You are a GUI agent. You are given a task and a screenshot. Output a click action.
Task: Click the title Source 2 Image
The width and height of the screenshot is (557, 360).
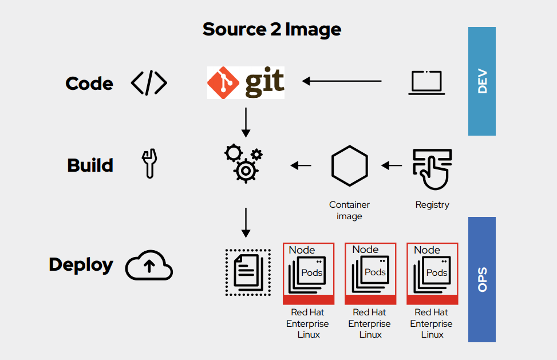click(x=272, y=29)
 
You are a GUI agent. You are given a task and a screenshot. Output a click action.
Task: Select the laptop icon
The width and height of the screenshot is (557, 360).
click(x=426, y=82)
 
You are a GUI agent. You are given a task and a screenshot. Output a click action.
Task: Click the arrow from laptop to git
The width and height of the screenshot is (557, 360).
click(x=342, y=81)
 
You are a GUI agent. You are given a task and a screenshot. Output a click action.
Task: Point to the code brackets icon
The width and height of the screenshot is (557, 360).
click(x=149, y=84)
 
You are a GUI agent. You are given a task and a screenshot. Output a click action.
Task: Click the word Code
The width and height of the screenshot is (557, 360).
click(x=89, y=84)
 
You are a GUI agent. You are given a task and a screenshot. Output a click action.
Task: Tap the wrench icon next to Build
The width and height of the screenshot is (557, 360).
click(x=149, y=164)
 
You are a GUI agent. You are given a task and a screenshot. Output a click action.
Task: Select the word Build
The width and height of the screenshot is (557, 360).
click(x=90, y=165)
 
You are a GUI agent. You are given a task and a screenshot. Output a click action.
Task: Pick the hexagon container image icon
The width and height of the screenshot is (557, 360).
click(x=349, y=166)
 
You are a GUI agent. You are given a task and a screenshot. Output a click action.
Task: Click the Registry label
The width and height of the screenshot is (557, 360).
click(x=432, y=205)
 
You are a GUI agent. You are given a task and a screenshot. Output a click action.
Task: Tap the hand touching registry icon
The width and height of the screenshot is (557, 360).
click(x=432, y=168)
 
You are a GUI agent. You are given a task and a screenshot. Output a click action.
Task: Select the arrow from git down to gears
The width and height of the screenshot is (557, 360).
click(x=246, y=121)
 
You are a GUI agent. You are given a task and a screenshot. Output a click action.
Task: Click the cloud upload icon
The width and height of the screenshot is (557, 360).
click(x=149, y=266)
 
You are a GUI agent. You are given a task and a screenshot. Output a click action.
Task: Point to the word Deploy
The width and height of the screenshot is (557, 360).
click(x=81, y=265)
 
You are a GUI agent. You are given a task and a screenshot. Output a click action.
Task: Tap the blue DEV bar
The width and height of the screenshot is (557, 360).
click(x=481, y=81)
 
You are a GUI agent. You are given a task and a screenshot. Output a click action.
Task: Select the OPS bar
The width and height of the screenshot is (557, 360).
click(x=481, y=279)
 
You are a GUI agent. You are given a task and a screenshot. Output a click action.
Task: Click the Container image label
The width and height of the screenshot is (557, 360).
click(x=349, y=210)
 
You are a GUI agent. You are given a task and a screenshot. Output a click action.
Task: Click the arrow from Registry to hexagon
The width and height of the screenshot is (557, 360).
click(x=392, y=166)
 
